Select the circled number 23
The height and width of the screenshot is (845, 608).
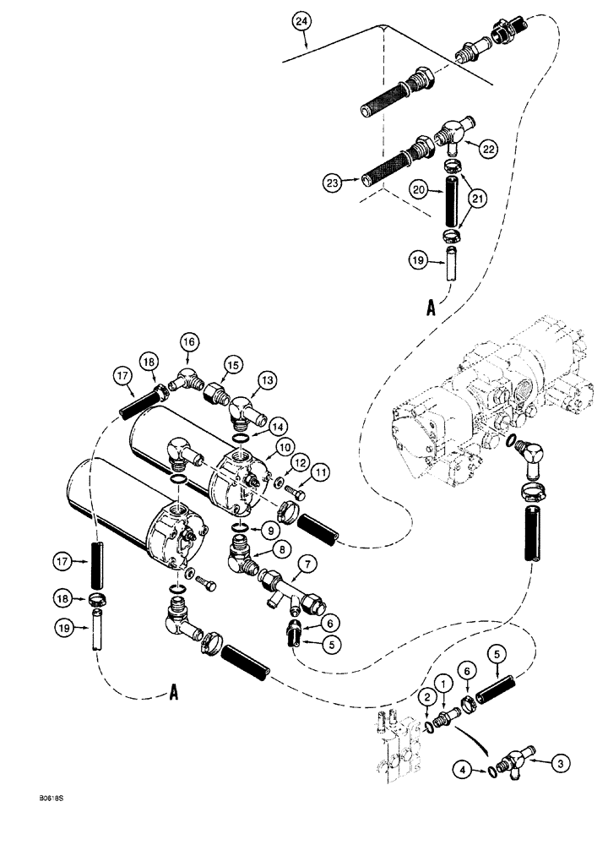coord(330,180)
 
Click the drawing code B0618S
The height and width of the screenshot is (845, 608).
coord(27,819)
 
